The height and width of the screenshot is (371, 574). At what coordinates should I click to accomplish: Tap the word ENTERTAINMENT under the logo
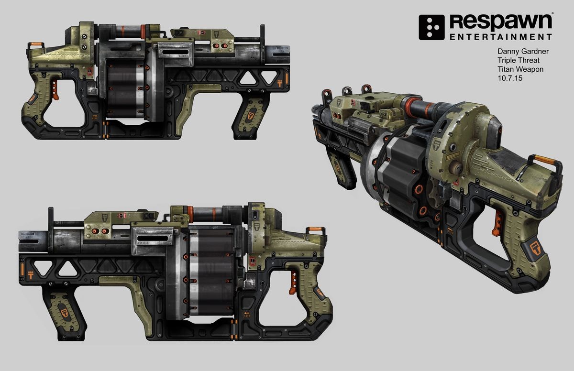pos(500,37)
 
